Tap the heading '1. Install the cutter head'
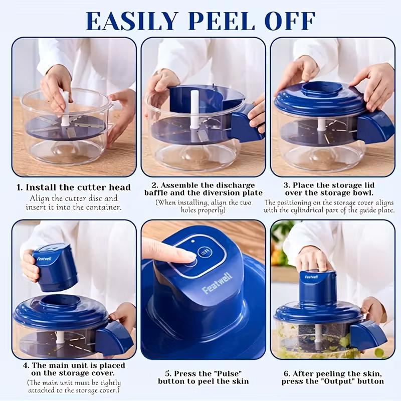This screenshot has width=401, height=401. click(74, 187)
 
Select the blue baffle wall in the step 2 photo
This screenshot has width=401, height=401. click(193, 103)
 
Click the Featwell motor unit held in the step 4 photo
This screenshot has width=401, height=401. click(55, 266)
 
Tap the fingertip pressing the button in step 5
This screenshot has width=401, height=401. click(185, 256)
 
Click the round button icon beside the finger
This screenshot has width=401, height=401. click(204, 252)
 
